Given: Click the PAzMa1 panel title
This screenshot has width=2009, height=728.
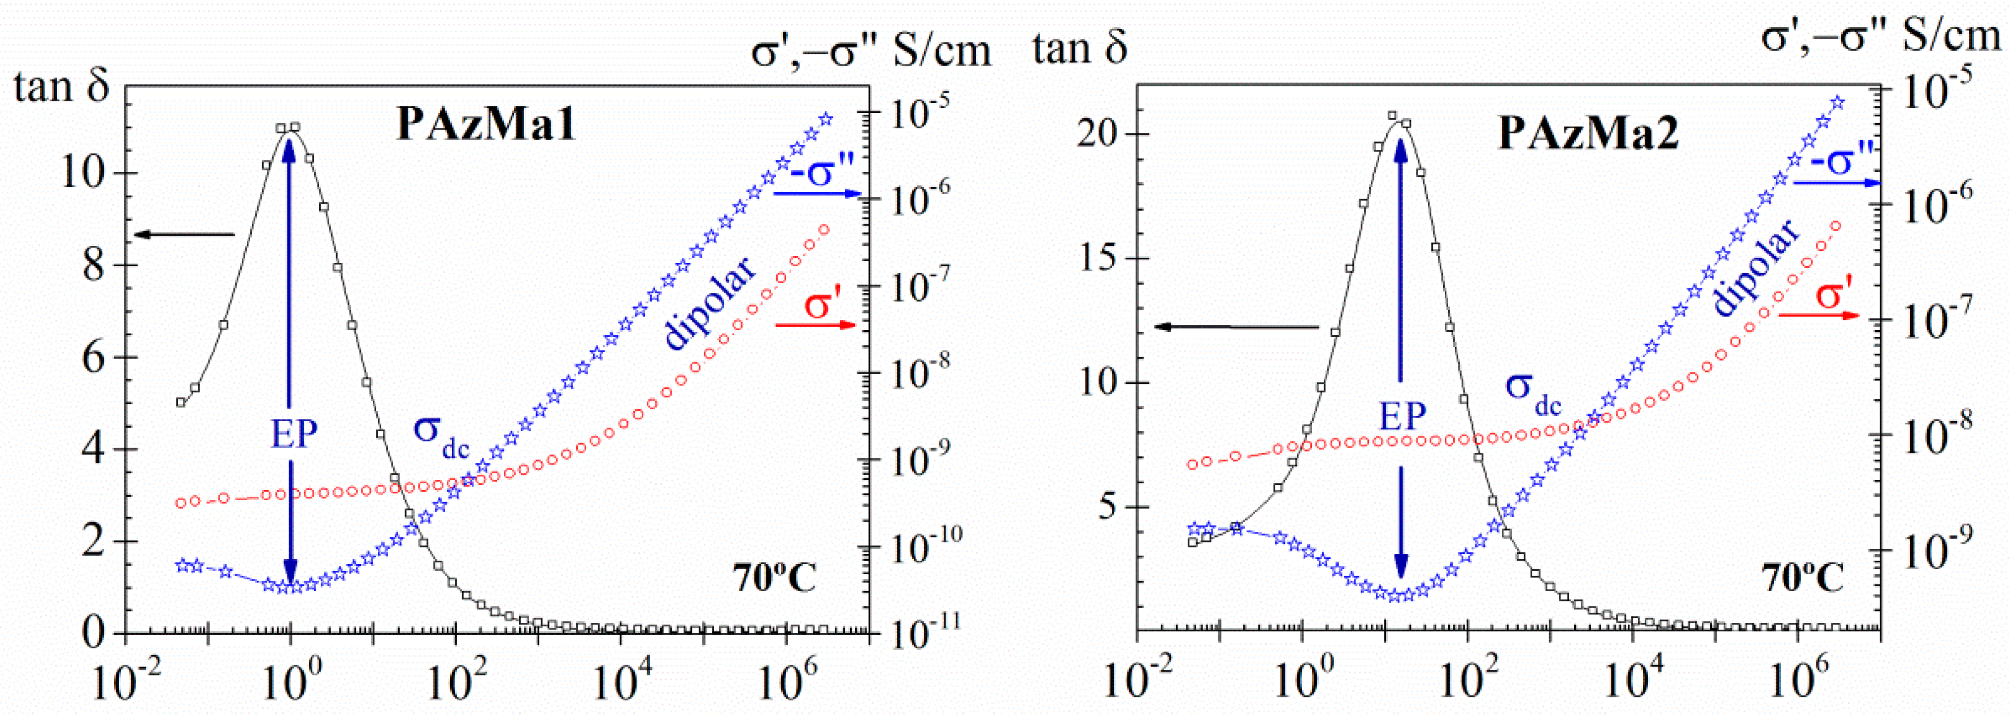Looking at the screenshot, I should [x=486, y=124].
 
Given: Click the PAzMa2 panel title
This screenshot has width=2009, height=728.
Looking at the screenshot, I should [x=1589, y=133].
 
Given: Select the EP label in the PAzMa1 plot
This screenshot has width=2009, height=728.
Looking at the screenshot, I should [x=294, y=435].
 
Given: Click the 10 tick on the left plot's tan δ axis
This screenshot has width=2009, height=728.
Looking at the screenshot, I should [x=82, y=172].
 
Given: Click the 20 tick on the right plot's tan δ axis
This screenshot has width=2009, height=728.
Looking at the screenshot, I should [x=1100, y=134].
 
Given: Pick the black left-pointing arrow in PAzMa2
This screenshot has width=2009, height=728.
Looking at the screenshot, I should [x=1236, y=327].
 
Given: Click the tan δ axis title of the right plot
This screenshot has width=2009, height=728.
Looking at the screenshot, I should [x=1080, y=49].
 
